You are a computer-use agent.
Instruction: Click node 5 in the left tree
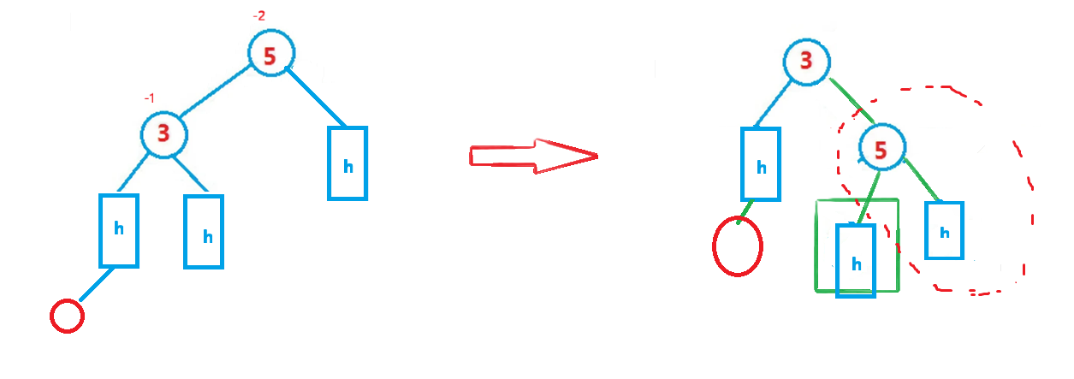[271, 54]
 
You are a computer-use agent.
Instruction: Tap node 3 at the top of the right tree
[805, 61]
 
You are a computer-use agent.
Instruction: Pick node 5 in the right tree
[881, 149]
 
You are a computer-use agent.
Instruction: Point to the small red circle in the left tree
[67, 317]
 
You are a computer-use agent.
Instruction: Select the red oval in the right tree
[737, 246]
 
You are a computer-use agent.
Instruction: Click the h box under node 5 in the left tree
[347, 163]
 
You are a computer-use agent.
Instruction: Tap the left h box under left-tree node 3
[119, 230]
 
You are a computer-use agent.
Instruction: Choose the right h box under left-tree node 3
[204, 232]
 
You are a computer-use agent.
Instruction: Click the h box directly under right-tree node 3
[761, 164]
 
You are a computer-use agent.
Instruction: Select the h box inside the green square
[856, 261]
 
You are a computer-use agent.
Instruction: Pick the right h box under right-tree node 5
[944, 230]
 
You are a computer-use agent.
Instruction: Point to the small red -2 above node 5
[263, 15]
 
